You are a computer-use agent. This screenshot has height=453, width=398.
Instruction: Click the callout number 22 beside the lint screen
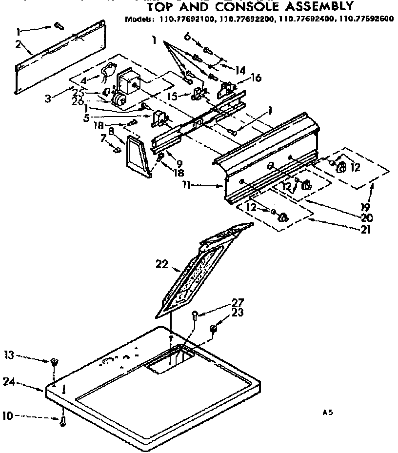click(162, 265)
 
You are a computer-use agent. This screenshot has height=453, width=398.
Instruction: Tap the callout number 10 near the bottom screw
click(7, 416)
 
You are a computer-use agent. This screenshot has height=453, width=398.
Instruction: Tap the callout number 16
click(255, 78)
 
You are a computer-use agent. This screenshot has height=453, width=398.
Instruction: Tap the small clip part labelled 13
click(54, 361)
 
